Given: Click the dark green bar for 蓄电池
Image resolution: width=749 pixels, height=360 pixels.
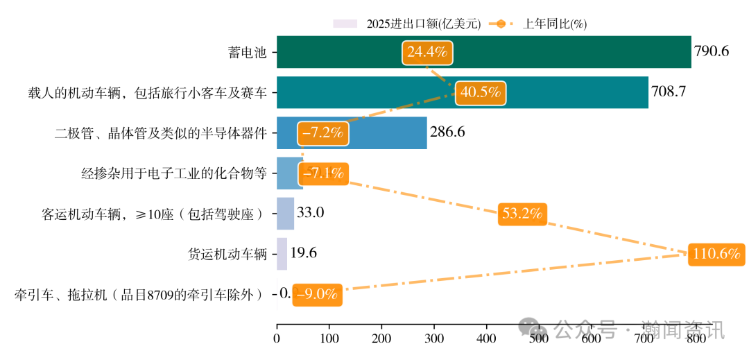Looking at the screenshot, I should [555, 52].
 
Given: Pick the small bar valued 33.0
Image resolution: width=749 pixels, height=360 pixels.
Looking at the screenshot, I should [285, 213].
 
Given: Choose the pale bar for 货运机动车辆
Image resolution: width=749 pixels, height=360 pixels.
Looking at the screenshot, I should [282, 253].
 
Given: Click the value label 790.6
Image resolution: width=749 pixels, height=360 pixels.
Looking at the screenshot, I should [712, 52].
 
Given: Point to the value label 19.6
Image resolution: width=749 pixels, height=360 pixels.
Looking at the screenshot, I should [303, 253].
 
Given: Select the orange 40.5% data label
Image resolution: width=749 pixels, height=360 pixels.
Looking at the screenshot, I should [481, 93].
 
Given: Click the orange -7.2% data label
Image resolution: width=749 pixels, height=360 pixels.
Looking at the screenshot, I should [323, 133].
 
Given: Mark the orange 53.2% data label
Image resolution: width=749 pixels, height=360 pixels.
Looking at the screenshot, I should [522, 214].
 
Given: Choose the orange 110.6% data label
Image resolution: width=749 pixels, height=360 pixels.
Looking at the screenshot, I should [716, 254].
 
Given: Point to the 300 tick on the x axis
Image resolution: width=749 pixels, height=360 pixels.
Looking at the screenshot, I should [434, 338].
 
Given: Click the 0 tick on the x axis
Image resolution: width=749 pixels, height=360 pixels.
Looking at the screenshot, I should [277, 338].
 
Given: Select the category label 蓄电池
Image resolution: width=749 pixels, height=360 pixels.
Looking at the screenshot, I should [247, 53].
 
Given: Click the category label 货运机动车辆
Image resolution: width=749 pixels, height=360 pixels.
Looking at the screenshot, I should [227, 254].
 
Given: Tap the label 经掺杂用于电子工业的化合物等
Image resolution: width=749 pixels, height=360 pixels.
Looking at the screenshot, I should [173, 173].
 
